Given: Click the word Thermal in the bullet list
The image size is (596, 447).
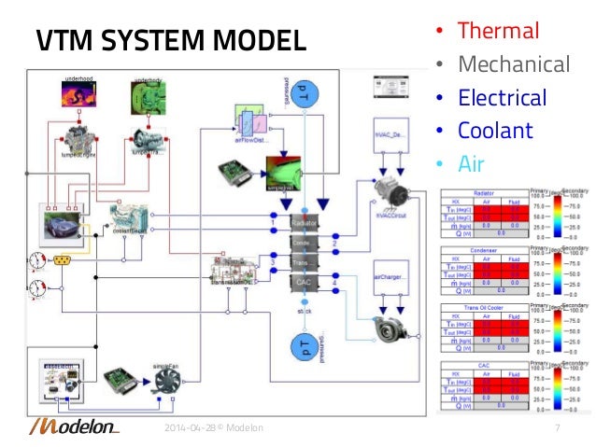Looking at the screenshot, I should pyautogui.click(x=498, y=31).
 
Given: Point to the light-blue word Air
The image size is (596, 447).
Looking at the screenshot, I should pyautogui.click(x=472, y=163).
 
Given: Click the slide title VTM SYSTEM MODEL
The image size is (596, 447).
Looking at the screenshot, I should pyautogui.click(x=170, y=41).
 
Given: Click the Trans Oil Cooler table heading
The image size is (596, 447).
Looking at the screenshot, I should pyautogui.click(x=483, y=308).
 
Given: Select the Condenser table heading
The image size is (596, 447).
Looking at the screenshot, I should pyautogui.click(x=483, y=249).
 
